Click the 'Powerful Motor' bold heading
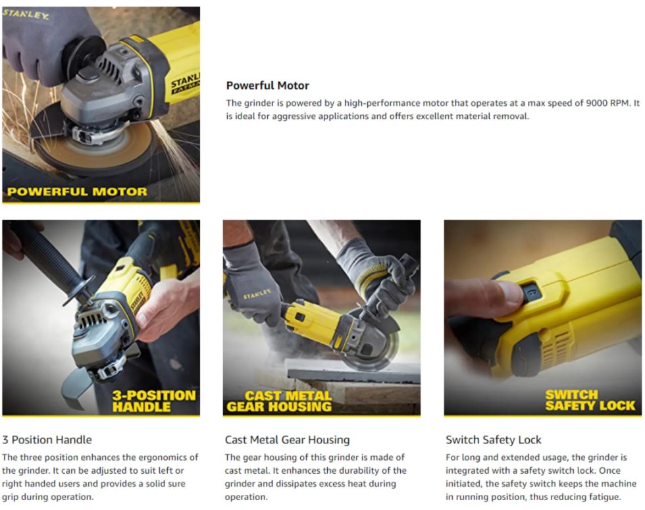267,86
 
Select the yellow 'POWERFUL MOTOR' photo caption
77,191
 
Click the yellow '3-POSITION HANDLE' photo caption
153,401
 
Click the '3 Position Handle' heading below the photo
47,440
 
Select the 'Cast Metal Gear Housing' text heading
287,440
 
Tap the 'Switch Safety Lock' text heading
493,440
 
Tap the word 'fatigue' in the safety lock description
604,497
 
